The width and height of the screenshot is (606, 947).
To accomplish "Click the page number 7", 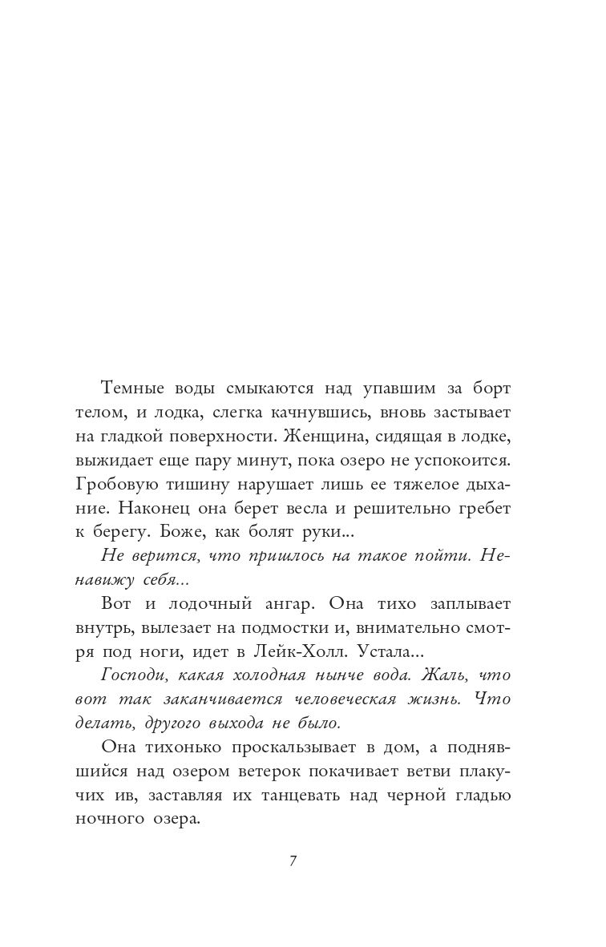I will point(293,862).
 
